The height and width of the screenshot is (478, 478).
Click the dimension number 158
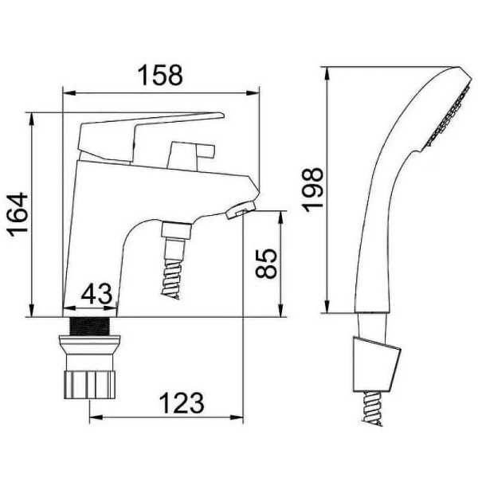click(x=160, y=75)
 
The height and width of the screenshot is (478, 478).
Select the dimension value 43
click(x=96, y=294)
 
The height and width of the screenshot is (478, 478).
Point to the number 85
click(x=266, y=264)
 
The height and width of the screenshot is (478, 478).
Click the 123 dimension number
click(x=182, y=403)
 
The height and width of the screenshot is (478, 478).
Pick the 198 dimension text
click(x=312, y=190)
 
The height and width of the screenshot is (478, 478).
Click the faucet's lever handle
click(x=147, y=134)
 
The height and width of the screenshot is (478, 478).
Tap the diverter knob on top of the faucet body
click(x=190, y=155)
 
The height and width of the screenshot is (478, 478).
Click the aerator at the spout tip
click(x=241, y=210)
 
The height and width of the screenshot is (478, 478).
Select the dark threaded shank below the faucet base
click(x=89, y=326)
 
